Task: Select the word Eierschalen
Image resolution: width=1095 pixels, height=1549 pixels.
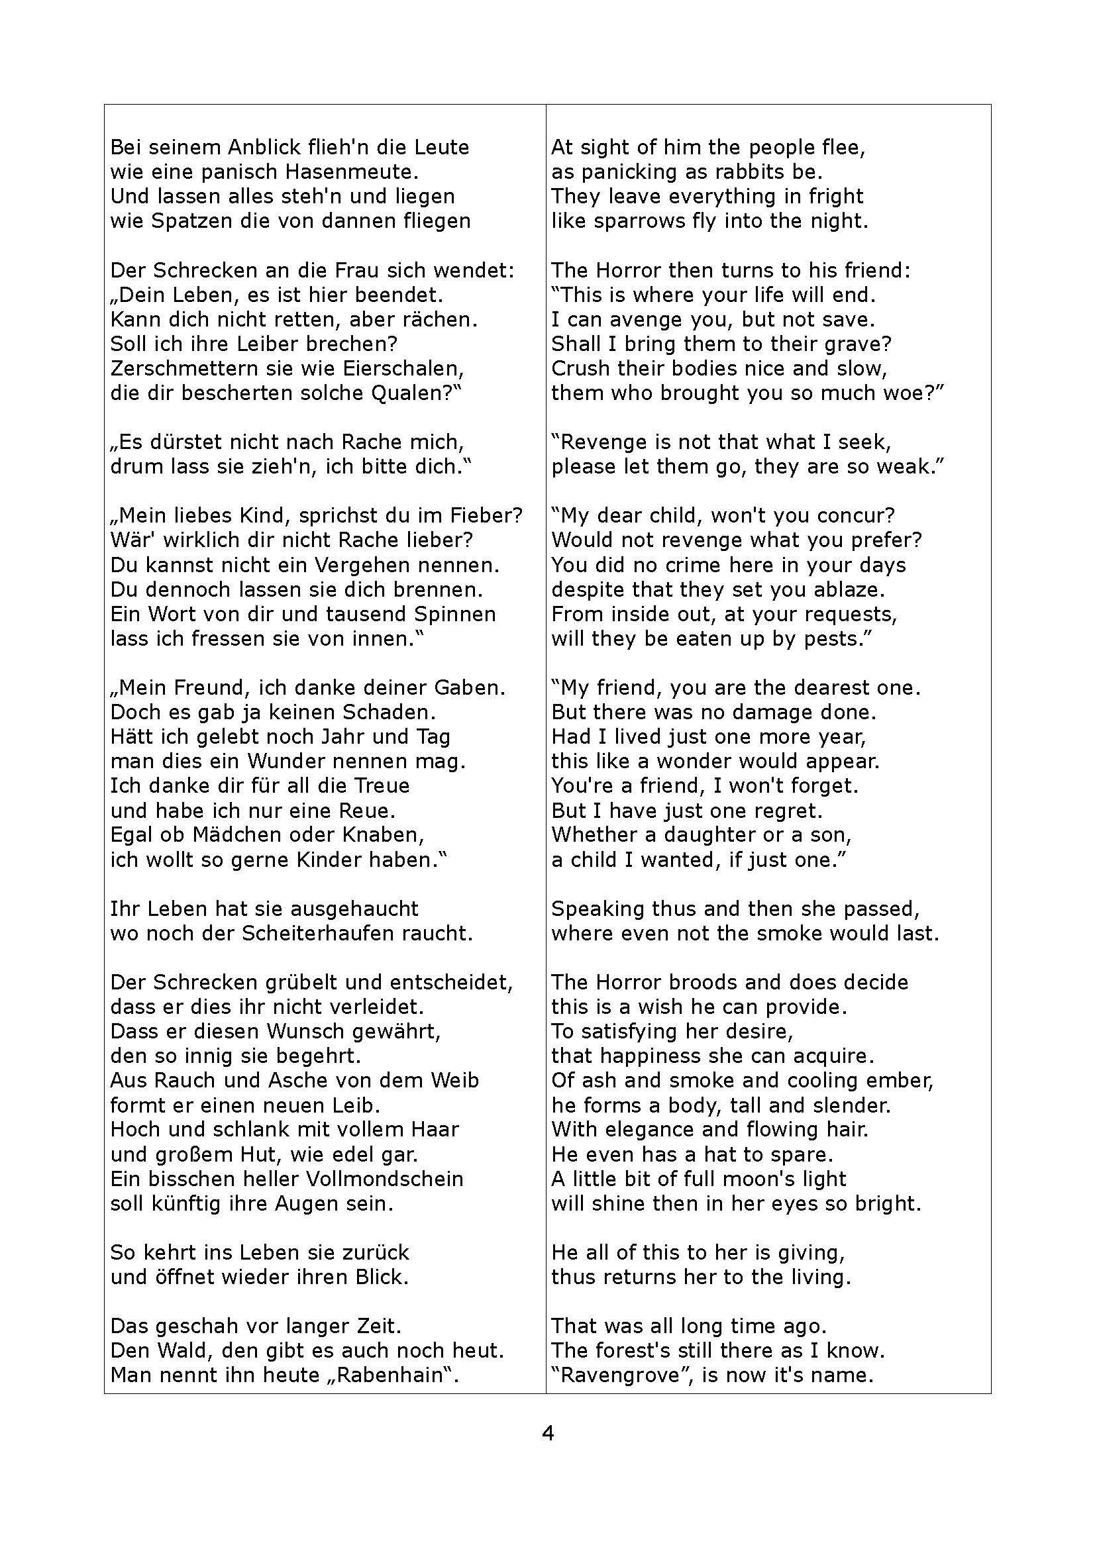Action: click(403, 369)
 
